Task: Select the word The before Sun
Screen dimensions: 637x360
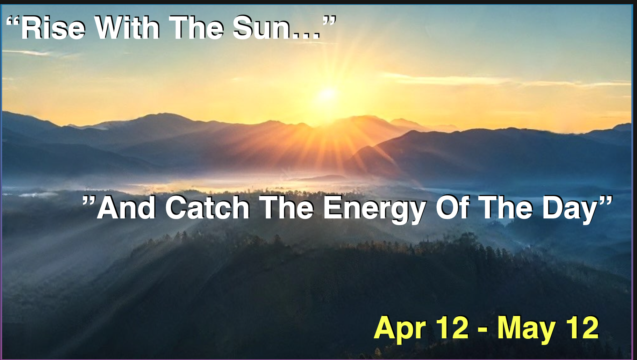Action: [x=196, y=28]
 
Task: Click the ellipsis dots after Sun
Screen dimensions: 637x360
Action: [x=305, y=35]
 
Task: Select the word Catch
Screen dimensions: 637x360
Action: [x=207, y=208]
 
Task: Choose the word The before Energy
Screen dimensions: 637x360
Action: [x=286, y=208]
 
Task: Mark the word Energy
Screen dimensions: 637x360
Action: [x=374, y=210]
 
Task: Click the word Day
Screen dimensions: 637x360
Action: [x=570, y=210]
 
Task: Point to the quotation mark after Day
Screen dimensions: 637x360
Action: [x=606, y=202]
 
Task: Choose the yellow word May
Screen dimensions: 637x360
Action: [x=527, y=329]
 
